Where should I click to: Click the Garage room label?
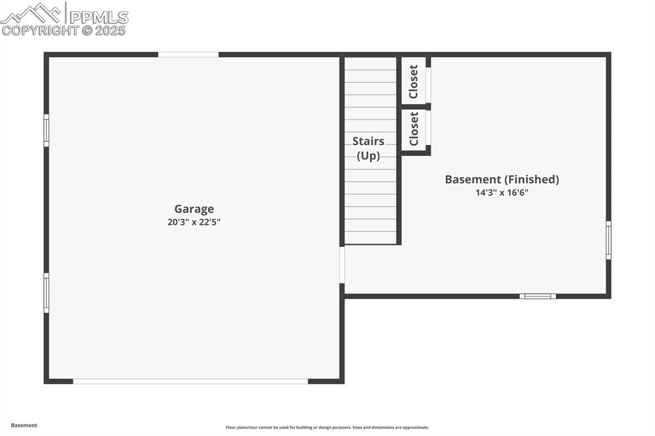coord(194,209)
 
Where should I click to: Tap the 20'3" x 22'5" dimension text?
coord(194,222)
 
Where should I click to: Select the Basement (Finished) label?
coord(501,180)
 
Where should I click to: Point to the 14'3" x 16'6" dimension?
coord(501,192)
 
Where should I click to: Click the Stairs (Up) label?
coord(368,148)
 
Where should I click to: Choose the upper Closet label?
coord(414,82)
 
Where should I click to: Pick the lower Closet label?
coord(414,128)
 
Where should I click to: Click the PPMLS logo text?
coord(99,17)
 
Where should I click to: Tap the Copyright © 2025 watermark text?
coord(64,30)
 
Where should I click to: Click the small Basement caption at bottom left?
coord(24,425)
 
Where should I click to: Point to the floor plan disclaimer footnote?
coord(327,428)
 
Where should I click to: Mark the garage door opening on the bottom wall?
coord(191,381)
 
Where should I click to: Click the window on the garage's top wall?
coord(188,55)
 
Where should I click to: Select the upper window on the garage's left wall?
coord(46,130)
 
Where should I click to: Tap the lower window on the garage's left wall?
coord(46,293)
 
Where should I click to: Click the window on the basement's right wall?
coord(608,240)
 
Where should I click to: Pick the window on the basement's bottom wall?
coord(537,296)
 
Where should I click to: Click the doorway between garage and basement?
coord(342,265)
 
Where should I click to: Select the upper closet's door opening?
coord(429,84)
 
